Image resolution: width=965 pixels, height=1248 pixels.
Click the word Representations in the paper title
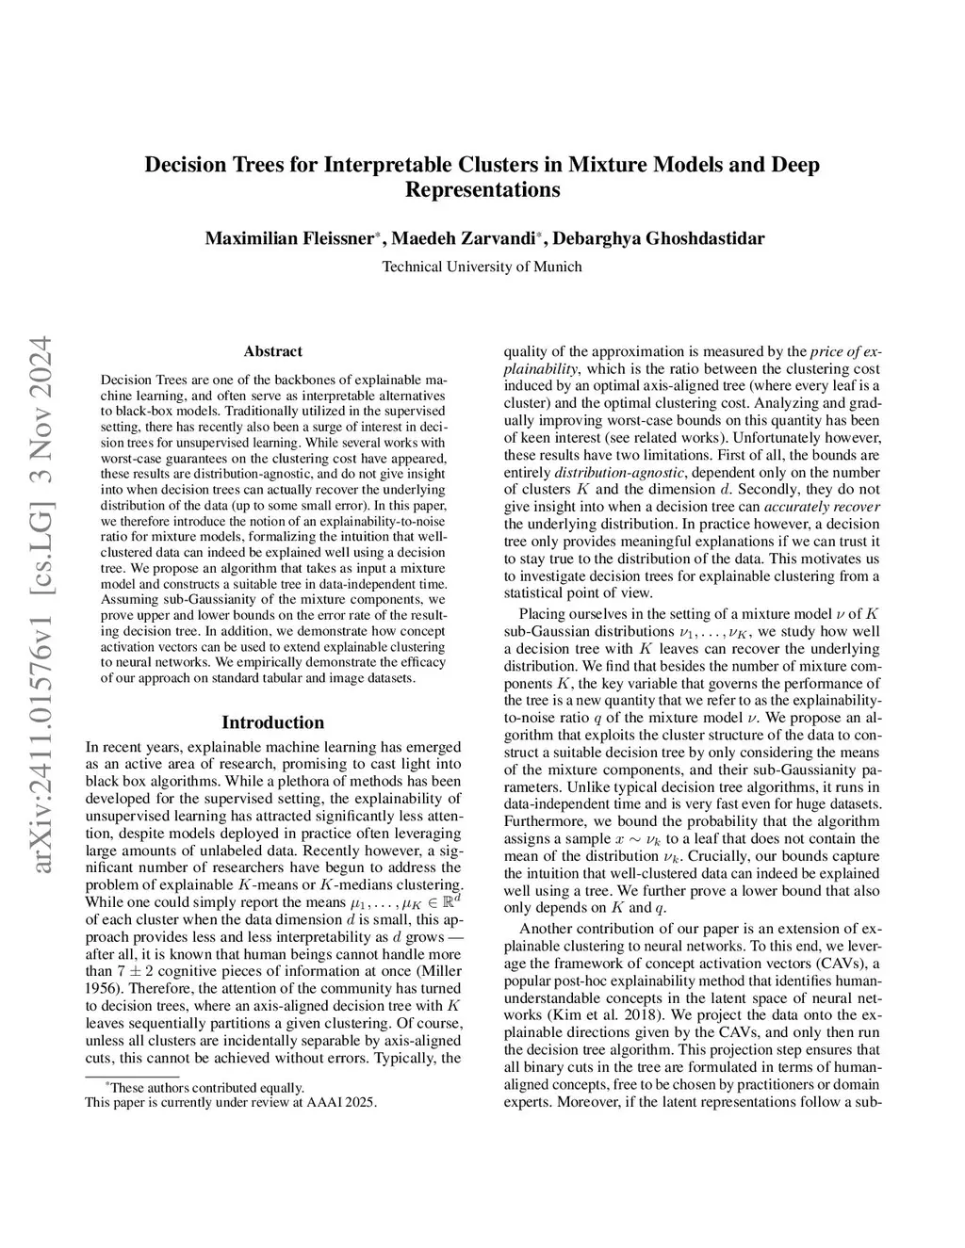482,189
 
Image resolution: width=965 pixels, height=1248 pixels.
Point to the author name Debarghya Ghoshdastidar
658,237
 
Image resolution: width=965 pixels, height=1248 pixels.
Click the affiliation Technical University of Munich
482,267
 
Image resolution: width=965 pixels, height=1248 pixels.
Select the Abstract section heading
272,351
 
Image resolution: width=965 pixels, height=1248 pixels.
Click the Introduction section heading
272,722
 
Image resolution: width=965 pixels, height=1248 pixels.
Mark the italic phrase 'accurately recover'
832,506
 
